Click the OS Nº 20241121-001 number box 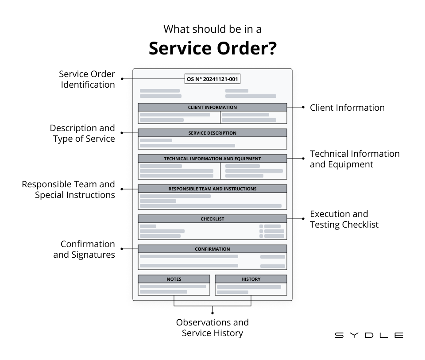click(x=212, y=79)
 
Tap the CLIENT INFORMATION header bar click(x=212, y=107)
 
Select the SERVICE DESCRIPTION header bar click(x=212, y=133)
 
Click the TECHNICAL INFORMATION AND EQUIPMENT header click(x=212, y=159)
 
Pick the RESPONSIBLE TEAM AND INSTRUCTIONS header click(x=212, y=189)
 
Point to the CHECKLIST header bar click(x=212, y=219)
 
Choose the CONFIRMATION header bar click(x=212, y=249)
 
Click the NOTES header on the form click(x=174, y=279)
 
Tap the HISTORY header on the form click(x=251, y=279)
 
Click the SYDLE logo click(x=369, y=335)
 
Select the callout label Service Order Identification click(x=87, y=79)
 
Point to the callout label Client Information click(x=347, y=108)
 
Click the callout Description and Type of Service click(x=82, y=133)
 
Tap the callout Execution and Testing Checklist click(x=344, y=219)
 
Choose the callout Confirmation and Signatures click(x=84, y=249)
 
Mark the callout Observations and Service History click(x=212, y=328)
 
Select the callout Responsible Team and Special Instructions click(x=69, y=190)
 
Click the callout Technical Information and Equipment click(x=354, y=159)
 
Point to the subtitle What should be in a click(x=212, y=29)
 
